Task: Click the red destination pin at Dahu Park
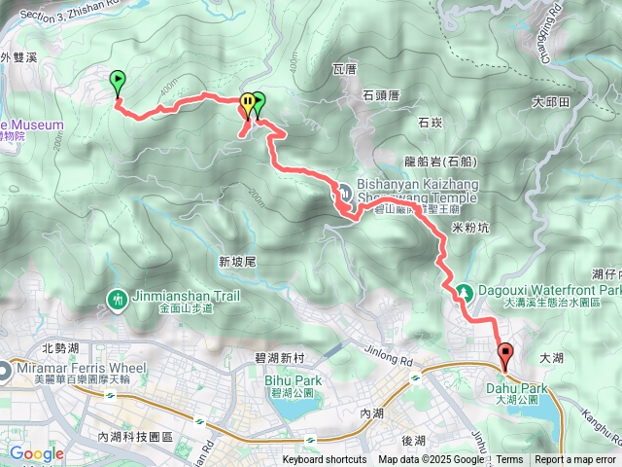click(x=504, y=355)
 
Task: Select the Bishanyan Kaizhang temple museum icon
click(x=344, y=189)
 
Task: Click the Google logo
click(x=36, y=453)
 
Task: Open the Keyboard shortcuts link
click(x=325, y=460)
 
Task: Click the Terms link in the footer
click(x=510, y=460)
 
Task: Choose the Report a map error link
click(x=575, y=460)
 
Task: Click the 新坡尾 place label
click(x=236, y=262)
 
